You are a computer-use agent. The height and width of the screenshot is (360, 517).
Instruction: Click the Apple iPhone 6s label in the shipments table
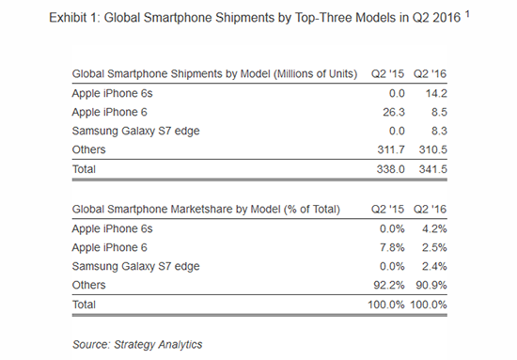point(111,94)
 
